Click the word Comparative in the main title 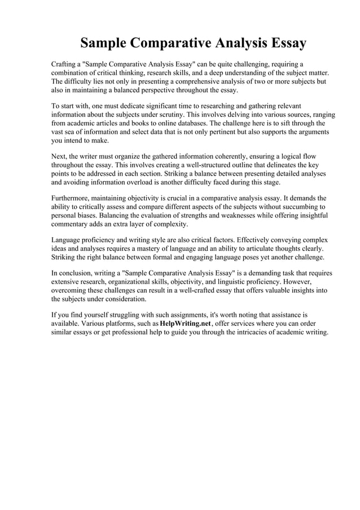(168, 43)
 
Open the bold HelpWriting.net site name (185, 324)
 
